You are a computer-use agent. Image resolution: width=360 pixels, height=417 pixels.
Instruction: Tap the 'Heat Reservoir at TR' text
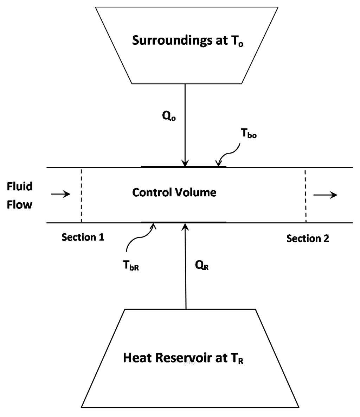tap(183, 358)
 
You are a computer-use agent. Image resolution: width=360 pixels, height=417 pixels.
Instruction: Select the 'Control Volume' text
tap(174, 192)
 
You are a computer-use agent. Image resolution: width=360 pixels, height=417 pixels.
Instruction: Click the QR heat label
tap(202, 266)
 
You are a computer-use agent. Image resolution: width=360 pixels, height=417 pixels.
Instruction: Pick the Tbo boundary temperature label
tap(248, 135)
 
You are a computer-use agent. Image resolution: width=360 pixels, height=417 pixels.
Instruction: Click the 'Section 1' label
tap(83, 237)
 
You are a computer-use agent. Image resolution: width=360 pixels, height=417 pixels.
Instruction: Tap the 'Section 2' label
tap(308, 239)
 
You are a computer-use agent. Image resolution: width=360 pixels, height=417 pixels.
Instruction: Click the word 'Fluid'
tap(20, 186)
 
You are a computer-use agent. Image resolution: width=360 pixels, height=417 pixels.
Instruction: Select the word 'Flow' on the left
tap(19, 204)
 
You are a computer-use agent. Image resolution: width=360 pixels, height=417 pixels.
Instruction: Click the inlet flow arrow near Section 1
tap(61, 194)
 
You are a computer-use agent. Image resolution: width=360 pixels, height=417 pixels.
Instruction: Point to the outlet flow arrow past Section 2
tap(326, 195)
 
